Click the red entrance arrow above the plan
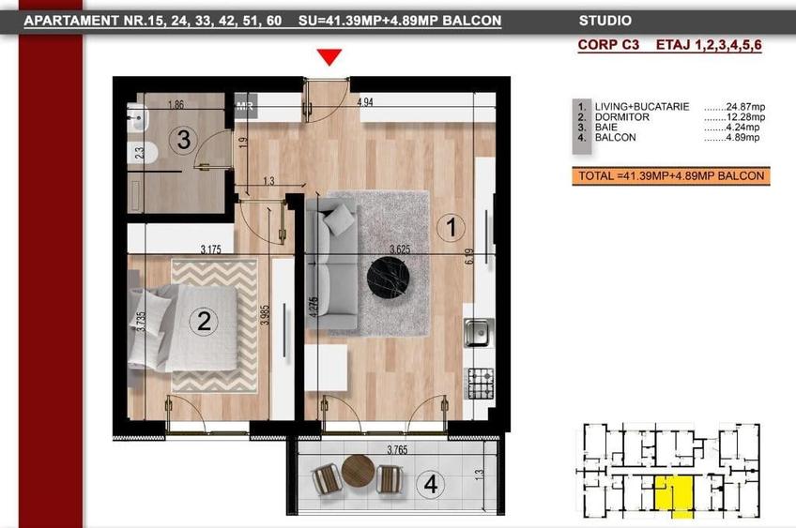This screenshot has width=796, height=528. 328,57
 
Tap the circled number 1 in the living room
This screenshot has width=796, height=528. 452,226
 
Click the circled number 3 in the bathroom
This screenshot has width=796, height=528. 184,141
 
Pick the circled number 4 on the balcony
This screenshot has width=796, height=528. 431,485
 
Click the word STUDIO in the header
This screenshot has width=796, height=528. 605,21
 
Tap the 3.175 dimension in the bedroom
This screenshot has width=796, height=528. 217,249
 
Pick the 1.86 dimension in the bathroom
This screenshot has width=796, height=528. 175,104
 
